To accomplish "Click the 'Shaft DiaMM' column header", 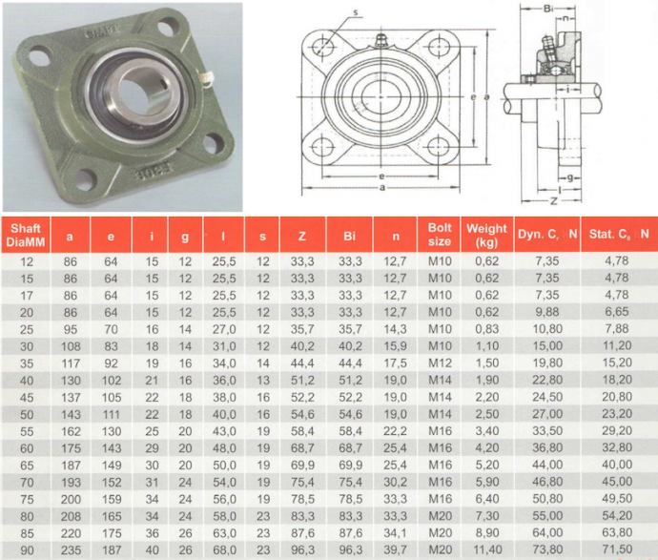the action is (x=26, y=235).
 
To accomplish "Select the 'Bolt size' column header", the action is (x=439, y=235).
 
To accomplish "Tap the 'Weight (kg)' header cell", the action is (x=486, y=235).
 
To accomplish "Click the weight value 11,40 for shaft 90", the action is (x=487, y=550).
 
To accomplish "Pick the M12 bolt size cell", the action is (x=440, y=363).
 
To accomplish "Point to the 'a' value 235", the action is (x=71, y=550).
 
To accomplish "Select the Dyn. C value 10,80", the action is (x=547, y=329).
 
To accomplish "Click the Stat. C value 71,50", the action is (x=617, y=550).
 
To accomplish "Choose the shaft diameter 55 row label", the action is (x=27, y=431).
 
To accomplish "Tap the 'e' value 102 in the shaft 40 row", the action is (x=112, y=381).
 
